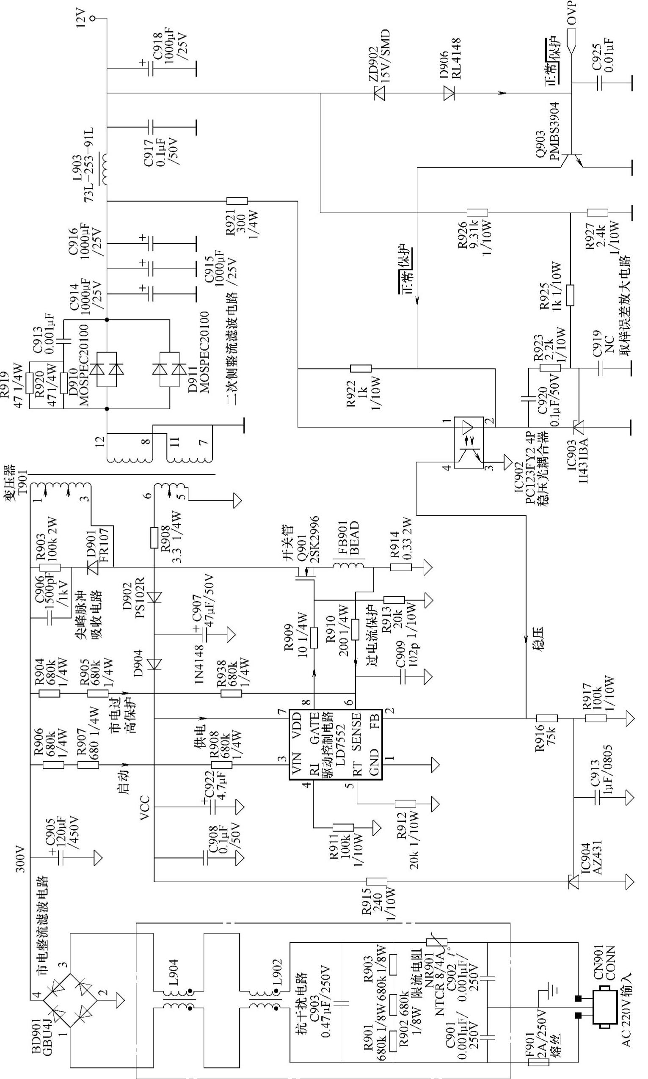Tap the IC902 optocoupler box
pos(468,443)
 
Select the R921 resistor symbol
pos(237,201)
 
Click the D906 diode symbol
pos(449,93)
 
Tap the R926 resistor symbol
pos(477,212)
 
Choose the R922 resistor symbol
pos(361,369)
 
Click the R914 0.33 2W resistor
pos(401,567)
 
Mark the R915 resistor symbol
pos(376,890)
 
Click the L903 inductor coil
pos(107,168)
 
